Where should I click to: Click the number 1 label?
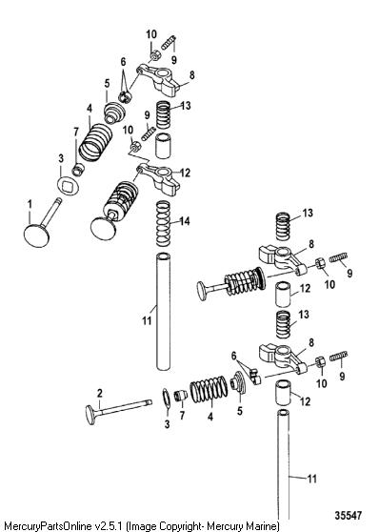coord(30,205)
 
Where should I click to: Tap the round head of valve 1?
coord(36,235)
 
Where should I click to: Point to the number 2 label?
coord(99,393)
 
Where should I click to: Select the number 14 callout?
coord(185,221)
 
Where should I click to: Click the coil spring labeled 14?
coord(163,224)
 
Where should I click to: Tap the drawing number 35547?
coord(349,516)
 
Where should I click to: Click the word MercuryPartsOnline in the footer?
coord(48,526)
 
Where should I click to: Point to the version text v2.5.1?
coord(109,526)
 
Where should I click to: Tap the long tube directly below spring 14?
coord(163,312)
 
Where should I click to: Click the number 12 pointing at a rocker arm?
coord(185,173)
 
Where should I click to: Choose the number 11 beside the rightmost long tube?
coord(312,479)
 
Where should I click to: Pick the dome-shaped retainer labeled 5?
coord(114,113)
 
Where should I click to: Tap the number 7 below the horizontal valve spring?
coord(182,415)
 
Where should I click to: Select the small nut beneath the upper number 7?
coord(78,169)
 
